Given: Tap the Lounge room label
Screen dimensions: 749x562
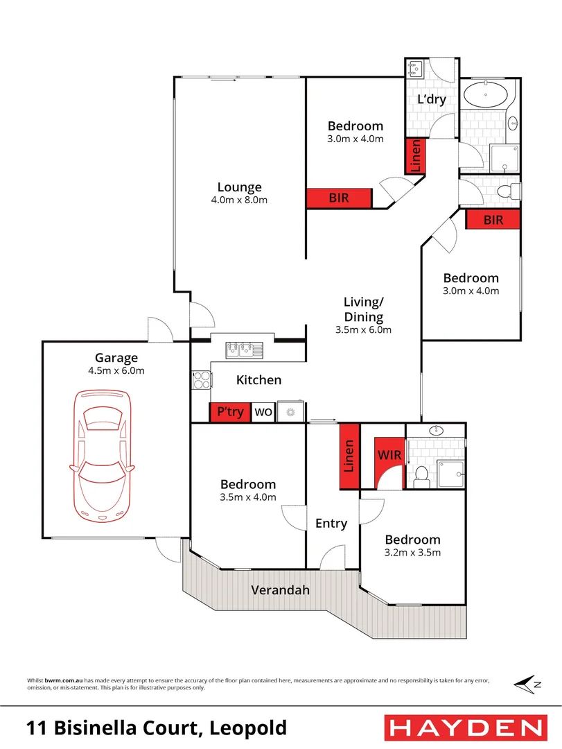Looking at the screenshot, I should [239, 187].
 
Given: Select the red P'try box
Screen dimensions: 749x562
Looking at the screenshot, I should [230, 412].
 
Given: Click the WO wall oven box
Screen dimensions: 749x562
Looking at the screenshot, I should [263, 412].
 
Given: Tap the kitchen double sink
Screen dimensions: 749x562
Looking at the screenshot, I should [243, 349].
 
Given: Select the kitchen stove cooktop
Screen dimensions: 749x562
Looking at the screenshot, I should [200, 380].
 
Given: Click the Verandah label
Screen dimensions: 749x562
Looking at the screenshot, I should [280, 590].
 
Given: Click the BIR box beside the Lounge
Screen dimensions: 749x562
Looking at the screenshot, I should [339, 198].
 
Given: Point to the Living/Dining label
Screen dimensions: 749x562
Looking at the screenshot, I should [363, 309].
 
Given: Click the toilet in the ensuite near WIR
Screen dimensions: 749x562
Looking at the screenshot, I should [420, 476].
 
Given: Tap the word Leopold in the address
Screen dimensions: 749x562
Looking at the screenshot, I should [247, 728].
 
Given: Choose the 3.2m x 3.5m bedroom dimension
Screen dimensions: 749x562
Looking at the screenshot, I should [413, 553].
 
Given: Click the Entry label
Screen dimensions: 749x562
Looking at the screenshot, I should [331, 524].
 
